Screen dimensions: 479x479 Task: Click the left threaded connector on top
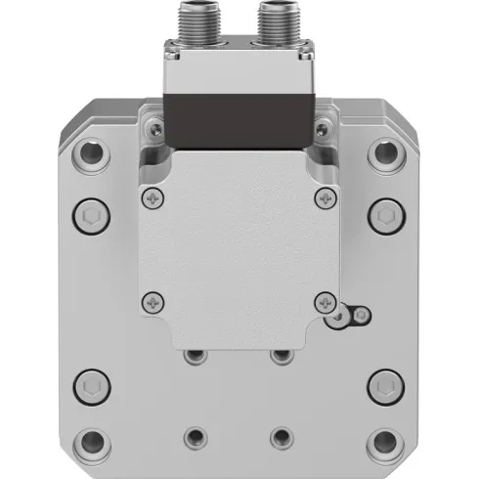point(196,22)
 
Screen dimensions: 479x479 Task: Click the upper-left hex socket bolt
point(89,216)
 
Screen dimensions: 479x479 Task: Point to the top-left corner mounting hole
point(91,152)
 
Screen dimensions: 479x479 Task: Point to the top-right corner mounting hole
point(387,152)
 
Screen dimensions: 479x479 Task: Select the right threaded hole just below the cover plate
point(283,356)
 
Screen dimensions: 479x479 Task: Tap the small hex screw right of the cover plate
point(362,314)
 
